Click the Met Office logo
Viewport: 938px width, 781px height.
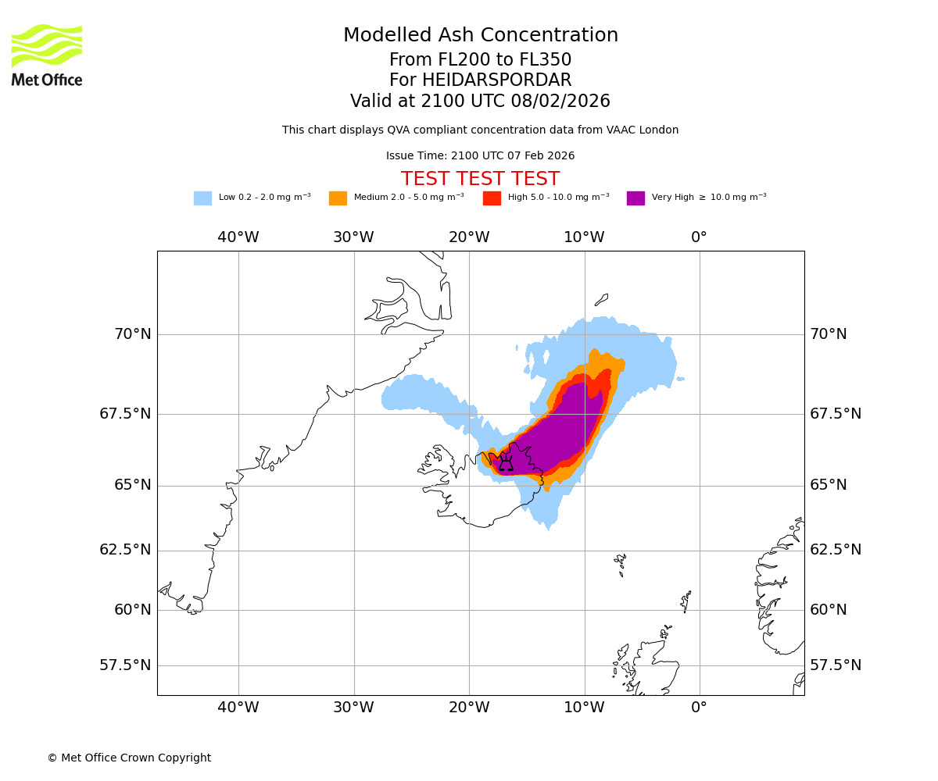tap(47, 55)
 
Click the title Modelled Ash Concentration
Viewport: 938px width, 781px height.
tap(481, 35)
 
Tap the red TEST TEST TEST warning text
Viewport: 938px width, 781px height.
tap(480, 179)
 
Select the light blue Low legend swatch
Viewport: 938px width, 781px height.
tap(202, 198)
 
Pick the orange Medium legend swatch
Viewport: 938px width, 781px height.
tap(338, 198)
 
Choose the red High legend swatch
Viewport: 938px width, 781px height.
tap(492, 198)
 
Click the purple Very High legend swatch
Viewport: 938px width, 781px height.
tap(635, 198)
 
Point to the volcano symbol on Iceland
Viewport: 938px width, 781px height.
tap(506, 462)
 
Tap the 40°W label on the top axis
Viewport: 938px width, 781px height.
tap(238, 237)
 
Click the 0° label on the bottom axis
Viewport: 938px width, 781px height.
tap(699, 708)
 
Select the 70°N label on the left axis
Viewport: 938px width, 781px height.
tap(133, 334)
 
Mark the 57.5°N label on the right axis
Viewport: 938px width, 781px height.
tap(836, 665)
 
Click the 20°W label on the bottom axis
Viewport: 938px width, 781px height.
tap(469, 708)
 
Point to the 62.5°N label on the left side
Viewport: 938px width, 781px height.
tap(125, 550)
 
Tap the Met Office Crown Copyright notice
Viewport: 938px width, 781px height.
tap(129, 758)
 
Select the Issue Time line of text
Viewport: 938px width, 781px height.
tap(480, 156)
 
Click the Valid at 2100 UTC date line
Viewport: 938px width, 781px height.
tap(480, 102)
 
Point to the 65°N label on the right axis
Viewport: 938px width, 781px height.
tap(829, 485)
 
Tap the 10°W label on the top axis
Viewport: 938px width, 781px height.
tap(584, 237)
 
